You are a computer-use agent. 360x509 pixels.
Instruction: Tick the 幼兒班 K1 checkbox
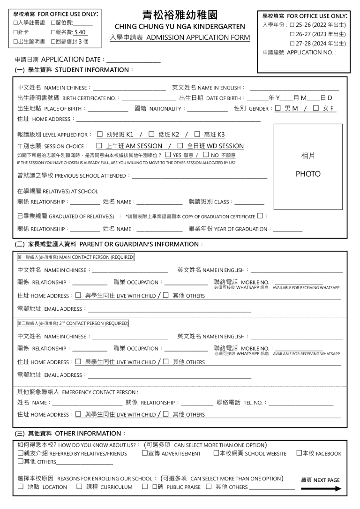[99, 134]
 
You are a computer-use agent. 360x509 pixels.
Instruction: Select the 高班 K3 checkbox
[197, 134]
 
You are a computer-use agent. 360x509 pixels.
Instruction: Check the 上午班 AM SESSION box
[99, 146]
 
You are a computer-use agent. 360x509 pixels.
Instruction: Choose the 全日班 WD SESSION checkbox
[180, 146]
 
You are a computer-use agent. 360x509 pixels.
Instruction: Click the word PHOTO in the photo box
[307, 174]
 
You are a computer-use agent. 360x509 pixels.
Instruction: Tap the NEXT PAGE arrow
[321, 489]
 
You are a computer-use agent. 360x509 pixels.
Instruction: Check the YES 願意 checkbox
[168, 155]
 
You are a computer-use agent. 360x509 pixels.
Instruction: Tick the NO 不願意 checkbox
[206, 155]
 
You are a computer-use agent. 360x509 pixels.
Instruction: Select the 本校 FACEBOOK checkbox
[299, 453]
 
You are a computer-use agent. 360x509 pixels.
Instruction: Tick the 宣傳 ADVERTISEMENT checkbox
[145, 453]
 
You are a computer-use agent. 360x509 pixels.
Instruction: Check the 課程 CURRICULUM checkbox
[80, 487]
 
